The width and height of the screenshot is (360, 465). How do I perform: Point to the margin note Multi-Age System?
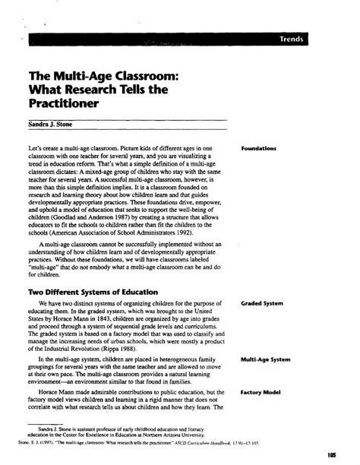point(264,359)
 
